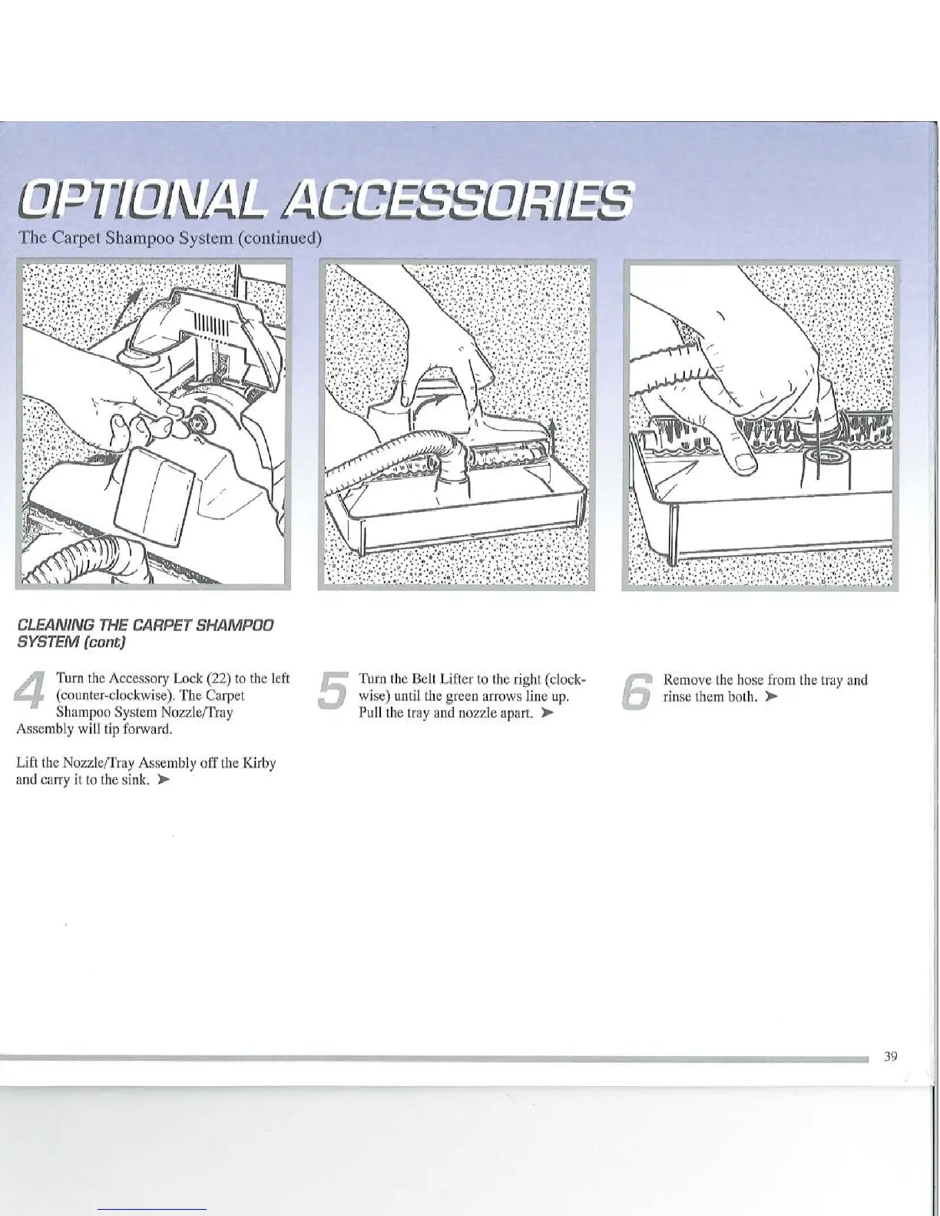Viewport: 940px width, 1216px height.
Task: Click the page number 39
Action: click(890, 1057)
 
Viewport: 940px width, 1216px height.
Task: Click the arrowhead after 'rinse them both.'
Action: click(772, 698)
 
